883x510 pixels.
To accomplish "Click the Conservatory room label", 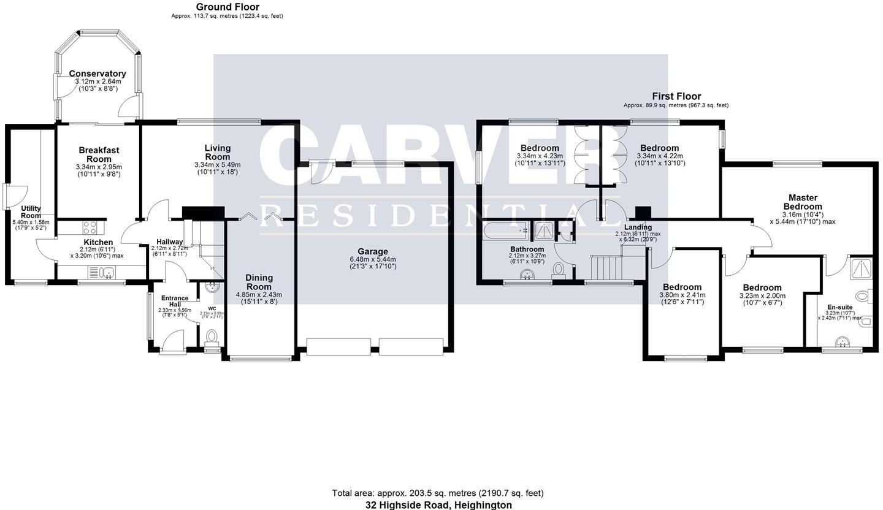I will click(x=97, y=74).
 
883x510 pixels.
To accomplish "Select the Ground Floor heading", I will click(x=227, y=7).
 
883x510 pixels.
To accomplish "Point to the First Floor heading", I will click(x=676, y=96).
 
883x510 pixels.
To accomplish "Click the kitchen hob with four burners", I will click(x=90, y=227).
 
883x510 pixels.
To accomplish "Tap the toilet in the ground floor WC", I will click(x=212, y=336).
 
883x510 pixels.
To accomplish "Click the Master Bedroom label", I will click(x=803, y=202).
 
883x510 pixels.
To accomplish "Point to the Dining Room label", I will click(x=259, y=282).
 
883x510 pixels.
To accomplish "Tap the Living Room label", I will click(x=218, y=152).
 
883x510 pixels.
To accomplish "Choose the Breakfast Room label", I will click(x=99, y=154).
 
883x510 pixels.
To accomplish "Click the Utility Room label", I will click(x=31, y=212).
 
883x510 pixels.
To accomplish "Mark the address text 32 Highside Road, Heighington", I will click(x=438, y=505).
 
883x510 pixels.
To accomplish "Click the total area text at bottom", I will click(x=438, y=493).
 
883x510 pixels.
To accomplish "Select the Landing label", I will click(x=638, y=227).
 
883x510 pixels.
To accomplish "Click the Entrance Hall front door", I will click(x=173, y=340).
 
